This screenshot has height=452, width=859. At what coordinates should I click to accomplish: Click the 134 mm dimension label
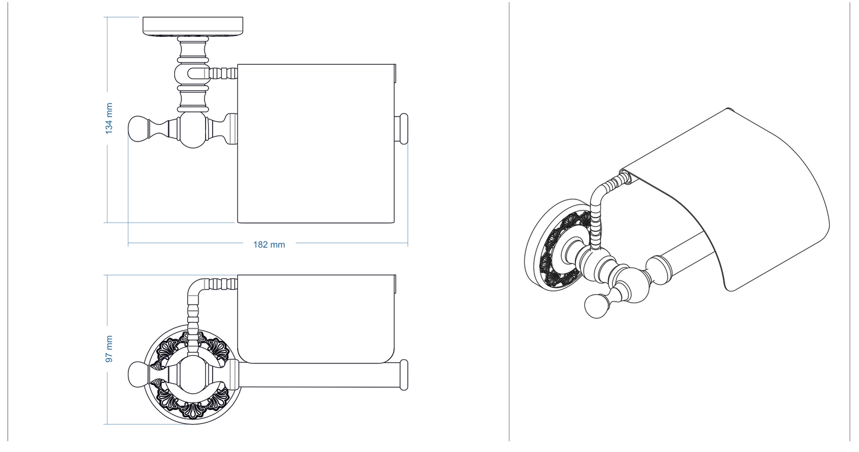point(109,118)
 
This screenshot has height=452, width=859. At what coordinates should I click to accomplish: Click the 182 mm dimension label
point(269,244)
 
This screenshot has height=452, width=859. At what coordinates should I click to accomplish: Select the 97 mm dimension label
point(109,349)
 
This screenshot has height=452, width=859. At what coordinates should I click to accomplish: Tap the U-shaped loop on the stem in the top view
point(190,74)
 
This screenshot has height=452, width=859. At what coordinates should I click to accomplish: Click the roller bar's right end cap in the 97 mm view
point(404,375)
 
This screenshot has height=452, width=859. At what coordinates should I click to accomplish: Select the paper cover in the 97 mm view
point(315,318)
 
